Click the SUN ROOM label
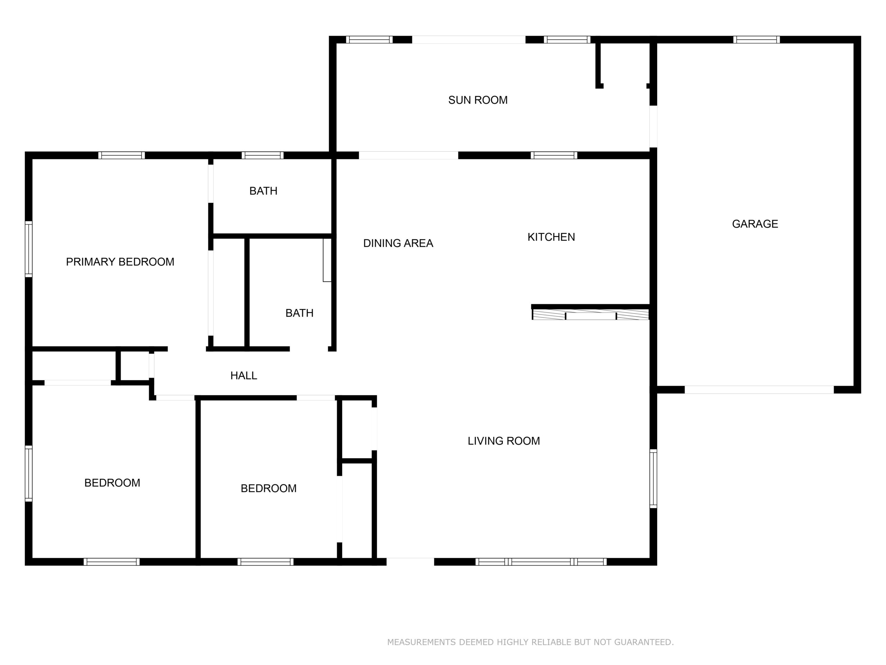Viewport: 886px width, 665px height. click(478, 100)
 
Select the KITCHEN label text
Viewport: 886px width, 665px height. click(551, 237)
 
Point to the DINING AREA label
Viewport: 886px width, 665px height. click(398, 243)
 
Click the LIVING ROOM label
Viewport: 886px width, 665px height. click(504, 441)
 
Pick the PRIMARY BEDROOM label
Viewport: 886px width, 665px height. click(120, 262)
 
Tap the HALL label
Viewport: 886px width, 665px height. click(244, 375)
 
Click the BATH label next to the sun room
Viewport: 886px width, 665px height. click(263, 191)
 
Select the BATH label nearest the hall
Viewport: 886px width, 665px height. click(299, 313)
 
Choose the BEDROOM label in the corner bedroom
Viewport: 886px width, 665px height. click(112, 483)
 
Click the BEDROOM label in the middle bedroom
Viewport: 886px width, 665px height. click(268, 488)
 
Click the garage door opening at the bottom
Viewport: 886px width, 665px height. click(759, 390)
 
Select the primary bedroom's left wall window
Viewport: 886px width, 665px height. click(28, 249)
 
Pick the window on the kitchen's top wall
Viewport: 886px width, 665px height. click(554, 156)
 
